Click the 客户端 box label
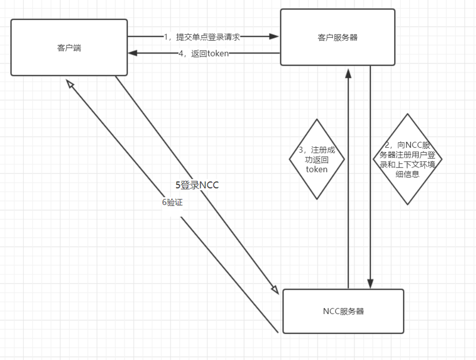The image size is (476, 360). coord(69,48)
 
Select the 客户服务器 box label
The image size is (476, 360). coord(338,38)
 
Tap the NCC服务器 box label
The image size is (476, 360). coord(344,311)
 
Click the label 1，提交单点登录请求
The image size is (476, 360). coord(202,37)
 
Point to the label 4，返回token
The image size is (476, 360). coord(204,54)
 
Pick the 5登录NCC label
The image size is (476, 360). coord(197,185)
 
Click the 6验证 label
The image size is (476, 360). coord(172,202)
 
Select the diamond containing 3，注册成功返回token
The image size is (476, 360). coord(317,159)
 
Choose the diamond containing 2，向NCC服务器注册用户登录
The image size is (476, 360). coord(407,159)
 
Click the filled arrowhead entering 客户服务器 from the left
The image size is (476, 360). coord(274,36)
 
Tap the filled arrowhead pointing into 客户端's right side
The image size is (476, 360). coord(132,53)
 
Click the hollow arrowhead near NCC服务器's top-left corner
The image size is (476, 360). coord(275,289)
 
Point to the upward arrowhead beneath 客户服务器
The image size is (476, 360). coord(348,74)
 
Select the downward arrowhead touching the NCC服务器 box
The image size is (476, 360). coord(370,283)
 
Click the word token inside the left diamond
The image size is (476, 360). coord(317,169)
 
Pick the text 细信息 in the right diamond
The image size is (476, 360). coord(407,174)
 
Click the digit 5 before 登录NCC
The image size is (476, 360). coord(178,185)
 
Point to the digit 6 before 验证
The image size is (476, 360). coord(164,202)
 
